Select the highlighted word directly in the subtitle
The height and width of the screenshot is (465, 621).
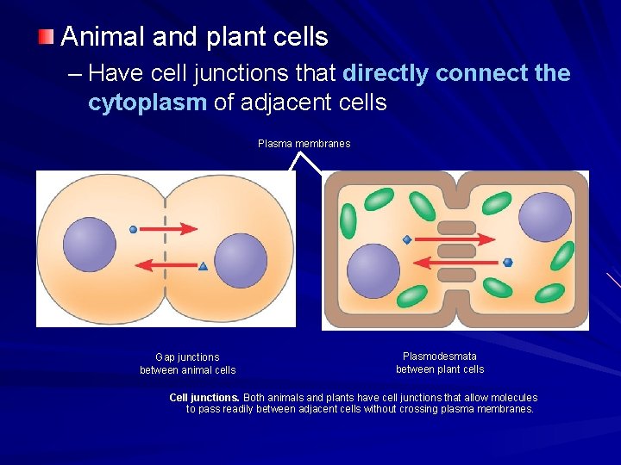pyautogui.click(x=386, y=73)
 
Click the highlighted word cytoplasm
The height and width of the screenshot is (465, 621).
pyautogui.click(x=147, y=102)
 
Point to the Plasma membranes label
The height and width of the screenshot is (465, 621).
pyautogui.click(x=304, y=144)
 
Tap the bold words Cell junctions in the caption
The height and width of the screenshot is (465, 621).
pyautogui.click(x=204, y=398)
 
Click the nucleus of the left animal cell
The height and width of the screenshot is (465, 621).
pyautogui.click(x=89, y=244)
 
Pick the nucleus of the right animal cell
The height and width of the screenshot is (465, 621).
pyautogui.click(x=241, y=260)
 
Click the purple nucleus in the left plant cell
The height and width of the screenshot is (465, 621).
pyautogui.click(x=373, y=271)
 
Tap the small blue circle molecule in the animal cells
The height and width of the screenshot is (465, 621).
pyautogui.click(x=133, y=230)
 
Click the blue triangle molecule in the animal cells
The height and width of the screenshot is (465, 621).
pyautogui.click(x=204, y=267)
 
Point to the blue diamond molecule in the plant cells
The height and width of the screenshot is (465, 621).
pyautogui.click(x=406, y=240)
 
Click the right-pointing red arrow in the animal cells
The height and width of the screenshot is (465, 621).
pyautogui.click(x=169, y=229)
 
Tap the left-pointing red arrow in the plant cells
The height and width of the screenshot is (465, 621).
pyautogui.click(x=457, y=262)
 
